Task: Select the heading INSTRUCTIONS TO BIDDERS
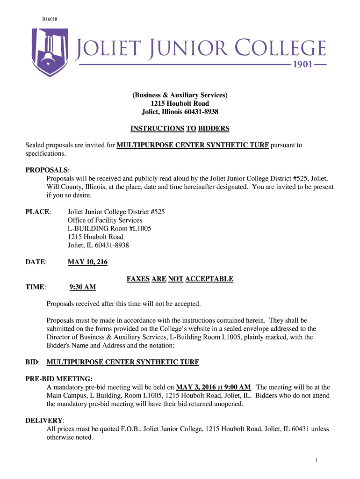point(180,129)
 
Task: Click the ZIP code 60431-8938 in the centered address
point(199,112)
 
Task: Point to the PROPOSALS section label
point(47,170)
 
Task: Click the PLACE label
point(37,212)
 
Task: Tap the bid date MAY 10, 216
point(87,262)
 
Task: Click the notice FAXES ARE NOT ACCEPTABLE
point(180,279)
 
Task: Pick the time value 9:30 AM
point(83,287)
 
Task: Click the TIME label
point(35,287)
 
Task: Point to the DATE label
point(36,262)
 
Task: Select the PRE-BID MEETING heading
point(58,379)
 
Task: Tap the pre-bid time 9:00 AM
point(238,387)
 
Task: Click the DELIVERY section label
point(44,421)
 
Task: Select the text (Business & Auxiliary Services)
point(180,95)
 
